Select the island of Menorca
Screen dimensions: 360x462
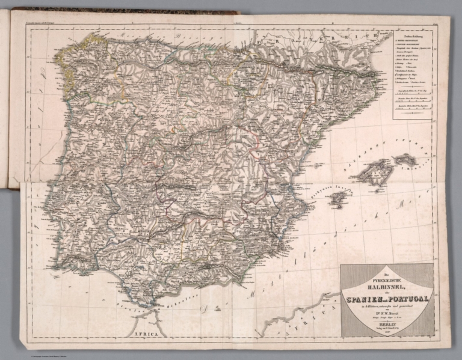[x=405, y=159]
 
